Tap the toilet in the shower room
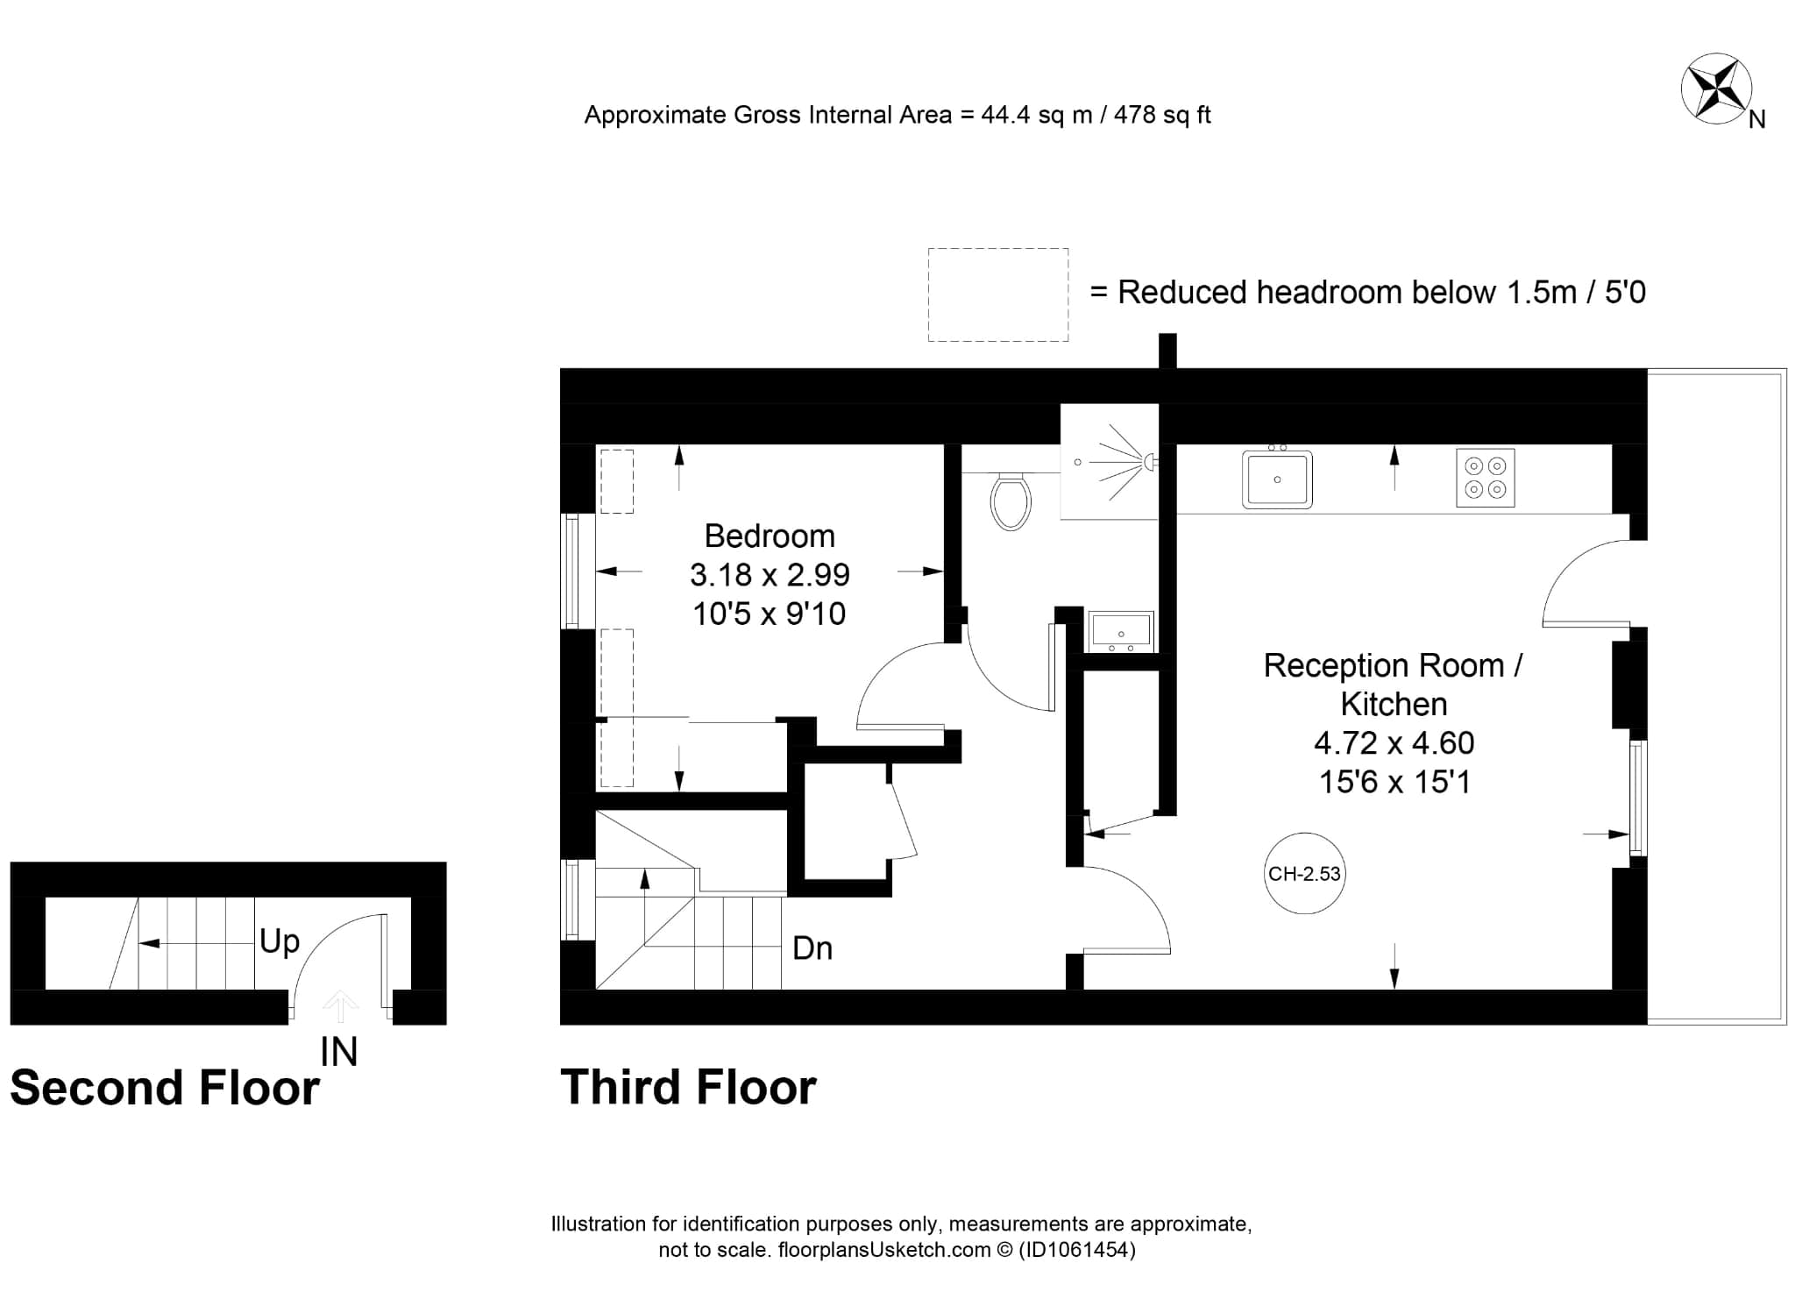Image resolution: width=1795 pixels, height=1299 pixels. coord(1011,501)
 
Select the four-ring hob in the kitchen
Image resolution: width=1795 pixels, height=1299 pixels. coord(1486,478)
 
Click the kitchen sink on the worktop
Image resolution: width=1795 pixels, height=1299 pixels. coord(1277,478)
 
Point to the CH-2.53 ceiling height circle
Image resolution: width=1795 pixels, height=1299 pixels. coord(1305,874)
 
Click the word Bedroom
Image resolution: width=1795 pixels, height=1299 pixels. coord(770,536)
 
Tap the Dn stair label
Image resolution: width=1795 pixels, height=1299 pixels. coord(812,948)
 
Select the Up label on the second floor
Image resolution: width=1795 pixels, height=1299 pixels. coord(280,942)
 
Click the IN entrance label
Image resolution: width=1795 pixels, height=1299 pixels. coord(339,1053)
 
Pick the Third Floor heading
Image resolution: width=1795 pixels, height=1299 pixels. coord(689,1087)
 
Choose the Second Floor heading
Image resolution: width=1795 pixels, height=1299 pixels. coord(165,1088)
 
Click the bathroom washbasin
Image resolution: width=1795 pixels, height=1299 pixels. coord(1121,631)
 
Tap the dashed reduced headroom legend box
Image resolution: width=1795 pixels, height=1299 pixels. coord(998,295)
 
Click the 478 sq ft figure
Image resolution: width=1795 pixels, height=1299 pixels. coord(1162,115)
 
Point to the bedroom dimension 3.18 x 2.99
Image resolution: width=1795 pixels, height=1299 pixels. coord(770,575)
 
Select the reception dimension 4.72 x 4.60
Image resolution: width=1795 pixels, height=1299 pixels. coord(1394,743)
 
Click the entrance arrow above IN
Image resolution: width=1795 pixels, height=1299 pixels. coord(340,1005)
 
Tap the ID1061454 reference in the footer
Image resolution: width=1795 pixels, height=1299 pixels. coord(1076,1250)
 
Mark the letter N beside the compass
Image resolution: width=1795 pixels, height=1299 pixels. coord(1757,120)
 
